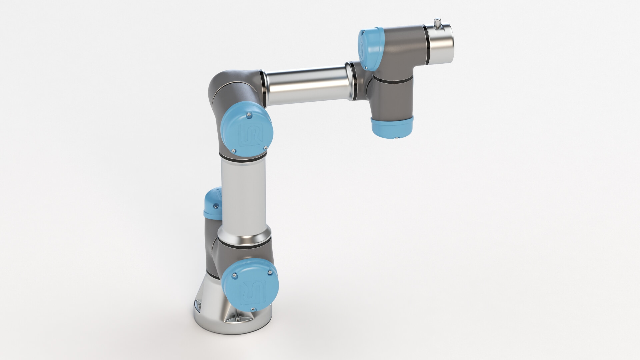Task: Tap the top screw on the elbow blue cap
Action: [248, 115]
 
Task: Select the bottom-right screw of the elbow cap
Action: [265, 147]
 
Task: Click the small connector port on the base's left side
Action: [197, 306]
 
